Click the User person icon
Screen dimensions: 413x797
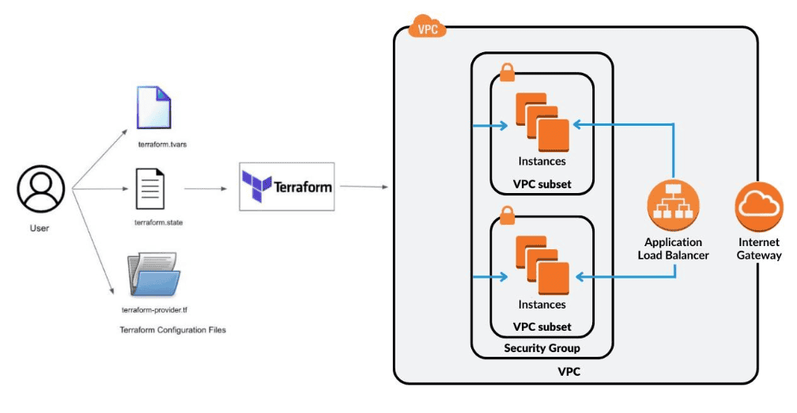pos(40,190)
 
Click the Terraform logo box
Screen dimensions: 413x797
pos(287,188)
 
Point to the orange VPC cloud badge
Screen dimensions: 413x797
pos(427,28)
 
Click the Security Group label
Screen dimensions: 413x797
pos(542,348)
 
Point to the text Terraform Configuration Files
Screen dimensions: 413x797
pos(172,329)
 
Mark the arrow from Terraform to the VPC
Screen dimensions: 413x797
pos(363,188)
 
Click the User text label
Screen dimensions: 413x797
pos(40,229)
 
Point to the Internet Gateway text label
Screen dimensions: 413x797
pos(759,248)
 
